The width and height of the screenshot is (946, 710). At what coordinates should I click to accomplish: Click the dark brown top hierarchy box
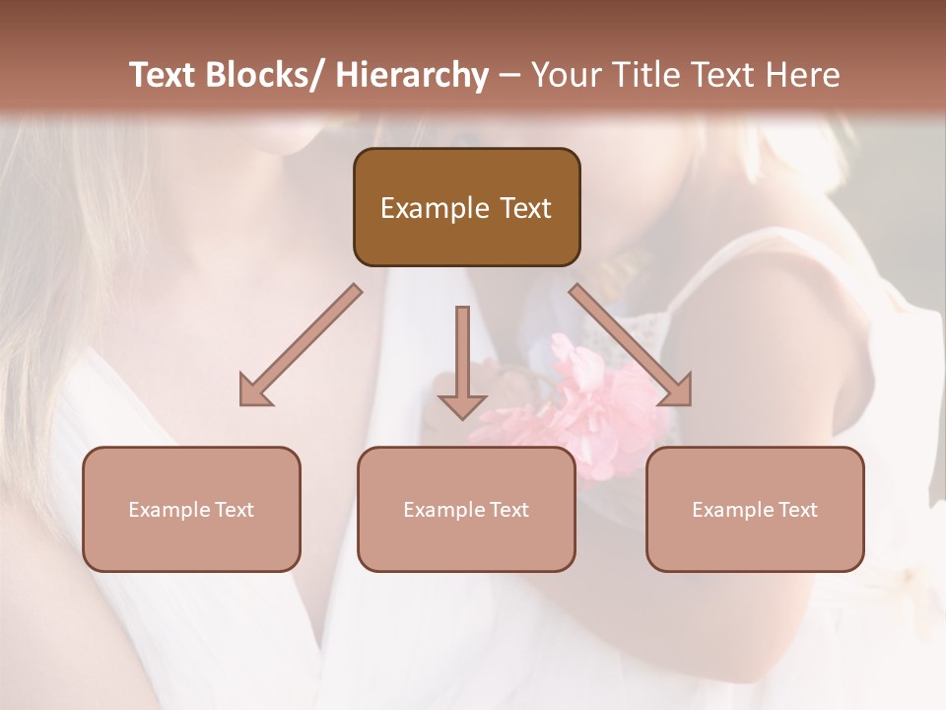[466, 207]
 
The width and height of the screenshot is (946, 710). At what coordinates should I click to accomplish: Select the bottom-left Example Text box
[191, 509]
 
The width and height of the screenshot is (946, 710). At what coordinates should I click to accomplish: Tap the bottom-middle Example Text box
[466, 509]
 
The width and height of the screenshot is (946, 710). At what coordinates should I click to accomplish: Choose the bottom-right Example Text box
[755, 509]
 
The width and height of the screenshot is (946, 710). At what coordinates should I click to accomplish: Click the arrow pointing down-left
[301, 345]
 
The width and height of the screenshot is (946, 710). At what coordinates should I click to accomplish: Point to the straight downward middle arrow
[462, 355]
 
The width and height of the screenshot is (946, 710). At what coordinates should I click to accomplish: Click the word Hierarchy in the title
[412, 75]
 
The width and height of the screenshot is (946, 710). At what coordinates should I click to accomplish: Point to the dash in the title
[509, 76]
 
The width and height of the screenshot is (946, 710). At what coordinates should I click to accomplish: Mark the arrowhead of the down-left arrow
[254, 390]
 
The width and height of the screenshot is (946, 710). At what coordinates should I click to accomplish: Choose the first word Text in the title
[164, 75]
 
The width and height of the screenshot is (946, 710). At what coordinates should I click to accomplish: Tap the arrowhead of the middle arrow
[462, 406]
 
